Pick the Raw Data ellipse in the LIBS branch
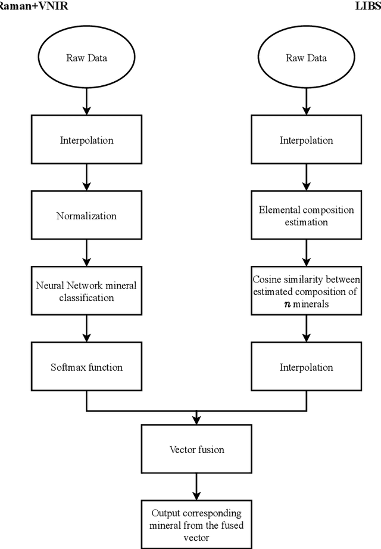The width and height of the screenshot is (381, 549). pyautogui.click(x=306, y=58)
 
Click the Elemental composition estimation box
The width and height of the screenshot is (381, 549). pyautogui.click(x=306, y=216)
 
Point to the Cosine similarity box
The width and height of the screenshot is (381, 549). pyautogui.click(x=306, y=291)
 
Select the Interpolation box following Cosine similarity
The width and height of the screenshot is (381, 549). pyautogui.click(x=306, y=367)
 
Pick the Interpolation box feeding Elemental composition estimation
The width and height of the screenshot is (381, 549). pyautogui.click(x=306, y=141)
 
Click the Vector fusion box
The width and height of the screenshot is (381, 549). pyautogui.click(x=196, y=449)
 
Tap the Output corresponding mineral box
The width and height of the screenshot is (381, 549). pyautogui.click(x=196, y=525)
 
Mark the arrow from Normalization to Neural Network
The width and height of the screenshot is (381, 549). pyautogui.click(x=86, y=253)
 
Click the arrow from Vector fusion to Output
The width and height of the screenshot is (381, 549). pyautogui.click(x=196, y=486)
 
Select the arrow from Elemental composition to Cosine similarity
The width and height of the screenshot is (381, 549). pyautogui.click(x=306, y=253)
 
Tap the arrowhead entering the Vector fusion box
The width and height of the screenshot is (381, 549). pyautogui.click(x=196, y=421)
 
